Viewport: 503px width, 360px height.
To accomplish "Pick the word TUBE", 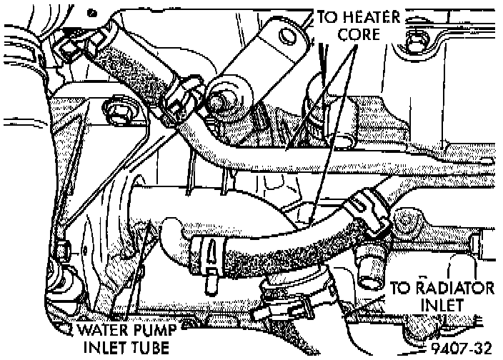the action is pyautogui.click(x=145, y=348).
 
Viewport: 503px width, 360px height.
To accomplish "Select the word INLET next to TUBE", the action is pyautogui.click(x=99, y=348).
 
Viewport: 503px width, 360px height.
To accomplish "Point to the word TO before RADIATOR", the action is pyautogui.click(x=402, y=289).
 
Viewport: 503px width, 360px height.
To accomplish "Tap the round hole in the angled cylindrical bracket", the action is pyautogui.click(x=289, y=35).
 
